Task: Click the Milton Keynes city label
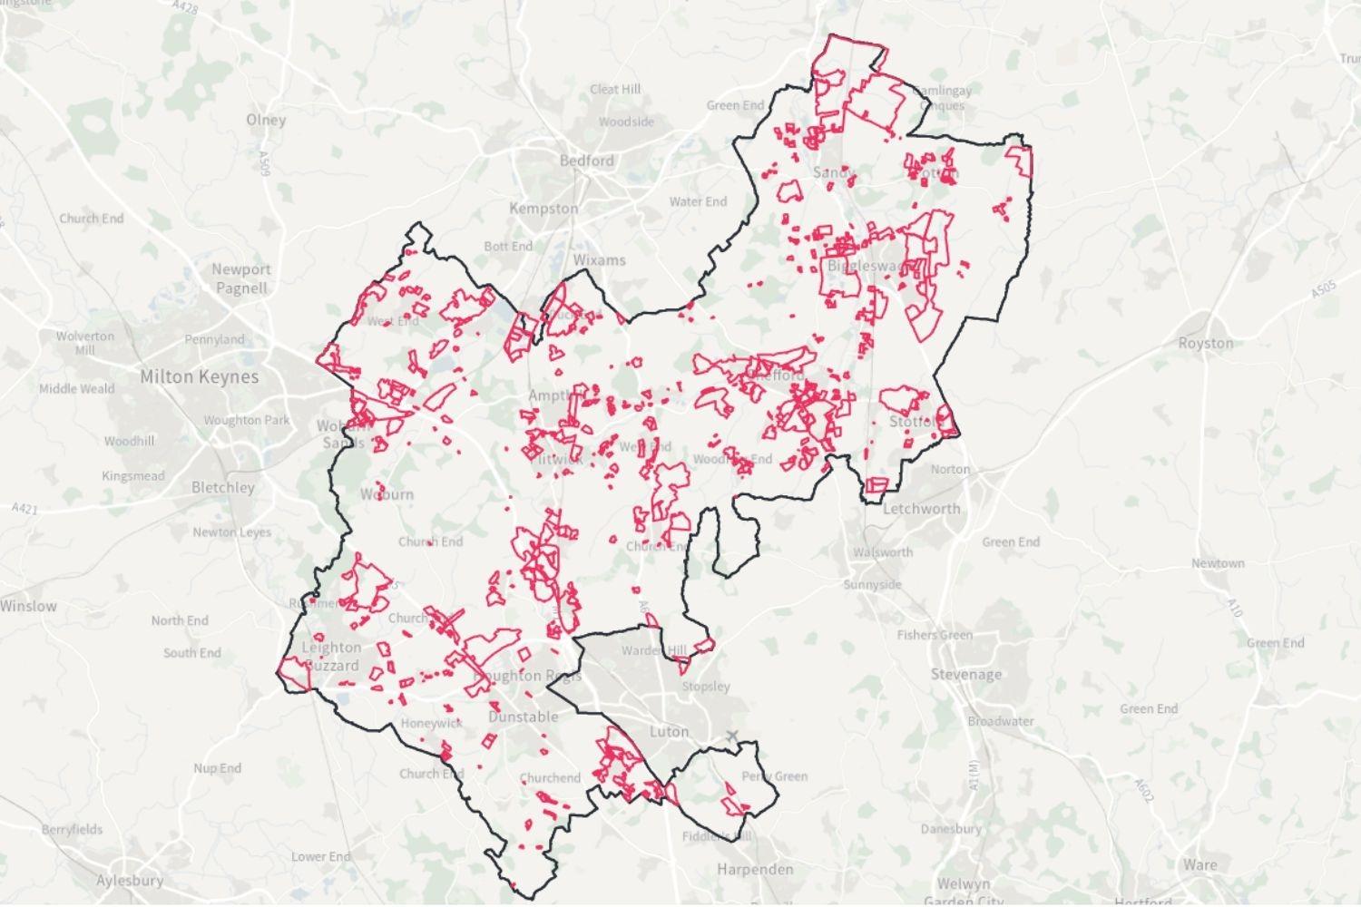pyautogui.click(x=199, y=376)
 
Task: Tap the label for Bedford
pyautogui.click(x=586, y=161)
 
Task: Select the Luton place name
pyautogui.click(x=670, y=731)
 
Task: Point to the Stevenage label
pyautogui.click(x=966, y=674)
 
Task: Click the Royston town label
pyautogui.click(x=1205, y=343)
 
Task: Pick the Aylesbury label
pyautogui.click(x=130, y=880)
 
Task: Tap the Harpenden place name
pyautogui.click(x=755, y=869)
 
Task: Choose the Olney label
pyautogui.click(x=266, y=119)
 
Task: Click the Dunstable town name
pyautogui.click(x=524, y=717)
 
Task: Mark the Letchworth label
pyautogui.click(x=921, y=508)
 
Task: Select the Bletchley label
pyautogui.click(x=223, y=487)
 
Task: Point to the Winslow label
pyautogui.click(x=28, y=606)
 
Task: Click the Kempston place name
pyautogui.click(x=543, y=209)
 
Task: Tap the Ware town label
pyautogui.click(x=1199, y=864)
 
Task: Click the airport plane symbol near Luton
pyautogui.click(x=732, y=736)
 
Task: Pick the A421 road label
pyautogui.click(x=25, y=510)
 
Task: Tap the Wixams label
pyautogui.click(x=600, y=260)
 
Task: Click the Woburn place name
pyautogui.click(x=387, y=494)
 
